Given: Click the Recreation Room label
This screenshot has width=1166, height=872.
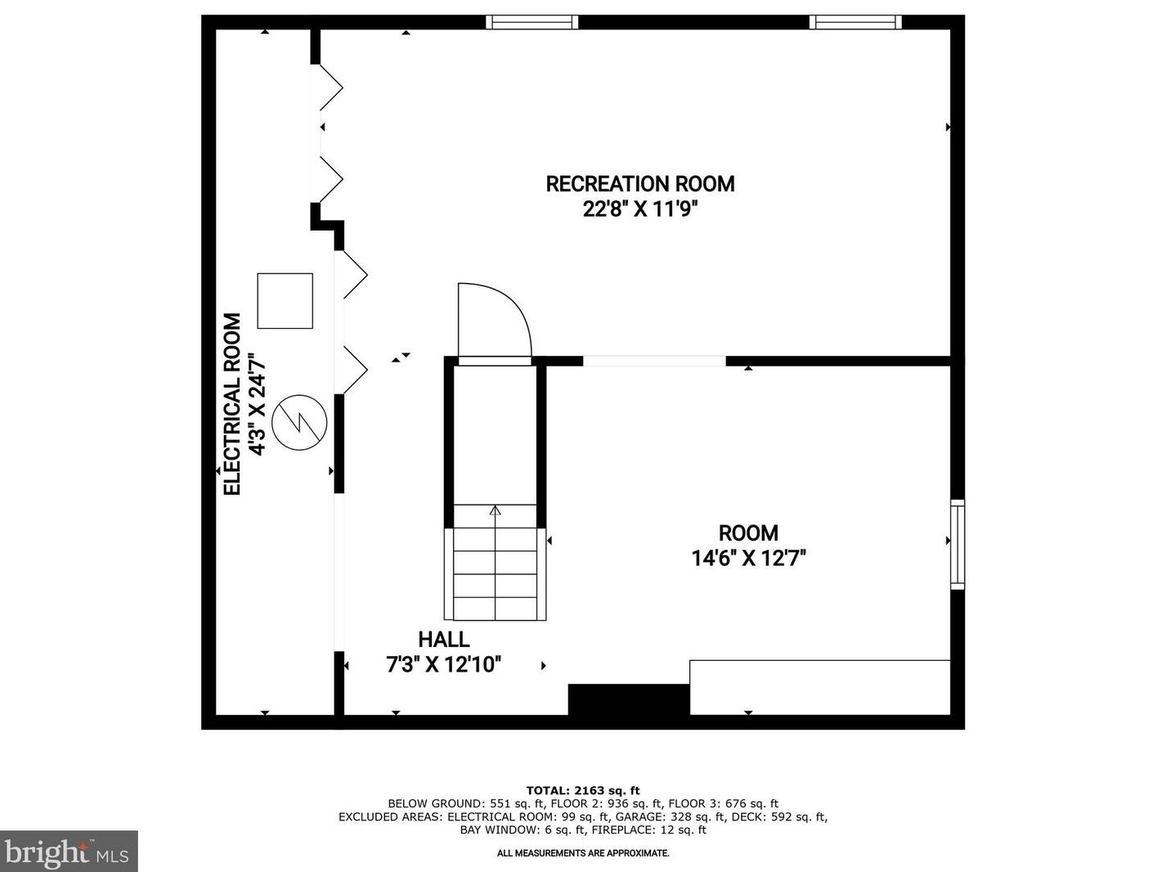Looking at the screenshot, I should [639, 184].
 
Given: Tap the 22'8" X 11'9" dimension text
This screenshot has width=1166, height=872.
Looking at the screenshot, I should [639, 209].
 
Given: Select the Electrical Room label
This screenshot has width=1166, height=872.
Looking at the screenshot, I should [233, 404].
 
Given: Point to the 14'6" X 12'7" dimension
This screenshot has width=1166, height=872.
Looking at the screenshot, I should [748, 559].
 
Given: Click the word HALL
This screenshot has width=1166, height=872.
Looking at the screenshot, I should [443, 640].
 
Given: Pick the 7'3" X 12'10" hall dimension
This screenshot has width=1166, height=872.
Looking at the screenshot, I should [443, 664].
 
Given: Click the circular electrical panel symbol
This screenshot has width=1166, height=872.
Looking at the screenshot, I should [299, 422].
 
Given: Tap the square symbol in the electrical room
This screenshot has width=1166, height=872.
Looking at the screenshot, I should [285, 301].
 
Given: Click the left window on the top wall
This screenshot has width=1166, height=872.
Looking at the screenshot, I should [531, 22].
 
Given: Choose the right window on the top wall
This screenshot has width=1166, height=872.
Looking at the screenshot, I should [855, 22].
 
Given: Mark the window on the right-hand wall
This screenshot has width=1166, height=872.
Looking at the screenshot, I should [957, 544].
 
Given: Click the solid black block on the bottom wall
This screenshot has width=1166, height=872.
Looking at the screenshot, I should [628, 699].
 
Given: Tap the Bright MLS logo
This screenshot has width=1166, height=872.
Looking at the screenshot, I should [68, 852].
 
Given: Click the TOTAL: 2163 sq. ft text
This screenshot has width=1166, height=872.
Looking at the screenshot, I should [582, 790].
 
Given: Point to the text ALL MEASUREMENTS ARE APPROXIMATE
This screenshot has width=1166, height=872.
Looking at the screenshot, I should [583, 853].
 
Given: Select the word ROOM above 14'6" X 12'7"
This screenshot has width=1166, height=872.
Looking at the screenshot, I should [748, 533].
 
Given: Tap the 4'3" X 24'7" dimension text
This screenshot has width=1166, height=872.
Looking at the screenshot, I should [258, 404].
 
